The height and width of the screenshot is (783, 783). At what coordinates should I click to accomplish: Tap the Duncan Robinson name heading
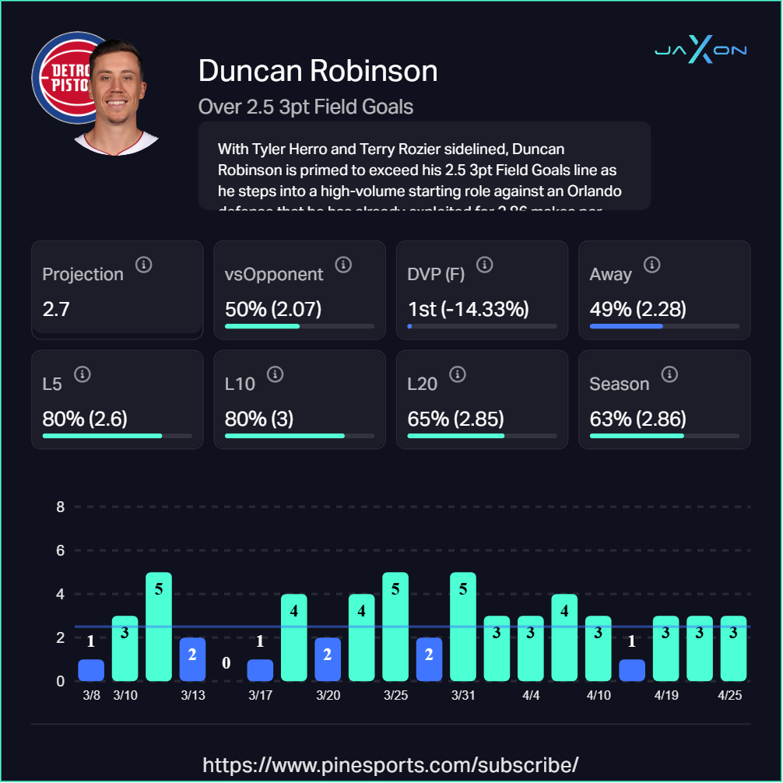(318, 71)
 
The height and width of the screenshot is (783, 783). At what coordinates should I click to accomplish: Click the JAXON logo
(700, 51)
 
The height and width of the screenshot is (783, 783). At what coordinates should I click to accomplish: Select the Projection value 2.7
(56, 309)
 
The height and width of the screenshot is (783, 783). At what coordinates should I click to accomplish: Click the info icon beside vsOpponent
(343, 265)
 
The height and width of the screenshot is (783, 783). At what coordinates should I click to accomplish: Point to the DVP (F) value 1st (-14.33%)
(469, 309)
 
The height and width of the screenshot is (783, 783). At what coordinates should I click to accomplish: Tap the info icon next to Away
(652, 265)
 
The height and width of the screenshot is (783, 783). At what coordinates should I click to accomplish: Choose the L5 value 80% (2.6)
(85, 419)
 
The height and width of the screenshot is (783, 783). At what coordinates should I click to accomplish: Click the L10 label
(240, 384)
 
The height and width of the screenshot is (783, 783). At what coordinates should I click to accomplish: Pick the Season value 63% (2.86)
(637, 419)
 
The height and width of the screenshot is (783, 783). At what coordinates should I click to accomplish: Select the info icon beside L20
(458, 375)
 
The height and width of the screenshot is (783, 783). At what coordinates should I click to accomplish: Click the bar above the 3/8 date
(91, 670)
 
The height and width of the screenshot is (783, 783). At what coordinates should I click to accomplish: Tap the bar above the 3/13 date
(192, 659)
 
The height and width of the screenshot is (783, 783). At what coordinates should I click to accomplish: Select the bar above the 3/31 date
(463, 627)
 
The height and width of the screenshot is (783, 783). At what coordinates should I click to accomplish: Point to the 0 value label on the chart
(226, 663)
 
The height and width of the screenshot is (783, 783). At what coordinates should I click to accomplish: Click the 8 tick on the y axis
(60, 507)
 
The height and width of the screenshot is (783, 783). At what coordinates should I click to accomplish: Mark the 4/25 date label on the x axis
(729, 695)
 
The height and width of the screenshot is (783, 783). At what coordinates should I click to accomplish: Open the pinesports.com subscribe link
(391, 764)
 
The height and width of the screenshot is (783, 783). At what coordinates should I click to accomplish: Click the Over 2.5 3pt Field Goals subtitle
(306, 106)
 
